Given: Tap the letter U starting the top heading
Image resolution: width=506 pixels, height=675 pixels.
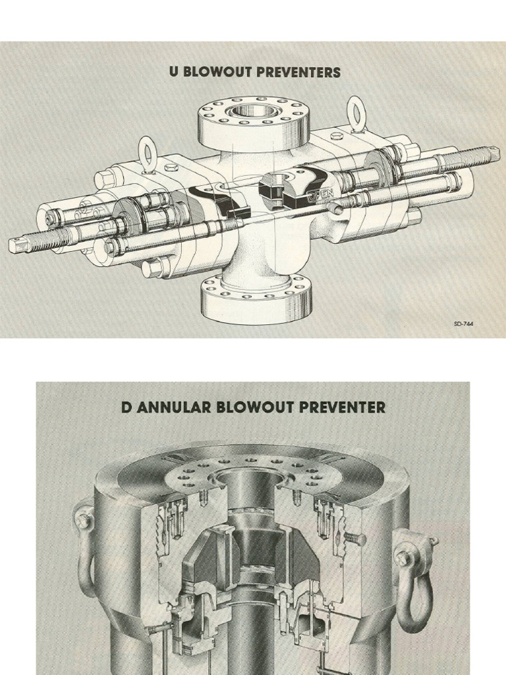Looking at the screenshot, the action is [x=174, y=72].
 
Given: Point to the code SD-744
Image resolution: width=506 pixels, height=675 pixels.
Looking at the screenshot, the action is [x=463, y=324].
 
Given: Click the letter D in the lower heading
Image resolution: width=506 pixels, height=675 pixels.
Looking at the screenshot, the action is [x=126, y=407].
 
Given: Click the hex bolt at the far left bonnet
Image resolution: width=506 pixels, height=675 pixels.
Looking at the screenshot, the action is [x=103, y=177].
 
